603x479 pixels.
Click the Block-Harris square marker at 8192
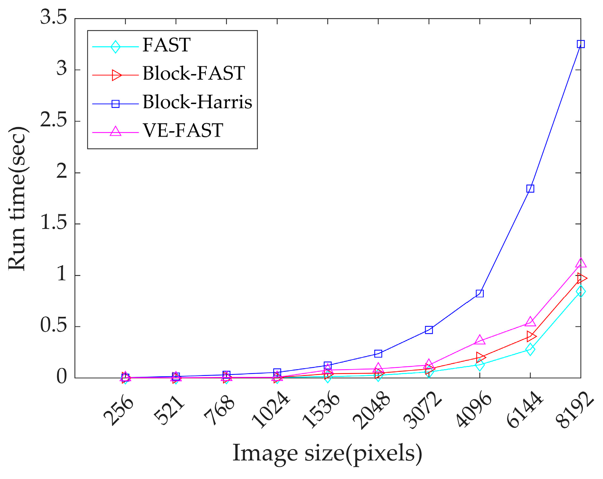[x=581, y=44]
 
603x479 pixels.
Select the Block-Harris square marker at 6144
[x=530, y=189]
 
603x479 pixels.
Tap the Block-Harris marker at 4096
[x=480, y=293]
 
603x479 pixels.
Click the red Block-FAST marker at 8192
[x=581, y=278]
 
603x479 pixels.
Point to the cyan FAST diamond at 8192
[x=581, y=291]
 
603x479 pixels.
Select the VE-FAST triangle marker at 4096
[x=480, y=340]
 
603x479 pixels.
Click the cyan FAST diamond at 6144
[x=530, y=349]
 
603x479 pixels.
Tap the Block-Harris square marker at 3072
[x=429, y=330]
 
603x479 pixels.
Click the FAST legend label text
[x=166, y=45]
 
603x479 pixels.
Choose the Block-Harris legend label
[x=197, y=102]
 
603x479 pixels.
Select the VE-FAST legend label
[x=182, y=131]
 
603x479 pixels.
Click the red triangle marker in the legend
[x=116, y=75]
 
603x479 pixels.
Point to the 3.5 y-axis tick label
[x=54, y=17]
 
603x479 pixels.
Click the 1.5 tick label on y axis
[x=54, y=223]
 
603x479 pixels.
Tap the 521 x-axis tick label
[x=169, y=410]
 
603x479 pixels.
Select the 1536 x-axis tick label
[x=321, y=411]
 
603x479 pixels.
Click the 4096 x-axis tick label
[x=473, y=411]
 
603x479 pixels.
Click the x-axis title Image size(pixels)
[x=327, y=453]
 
